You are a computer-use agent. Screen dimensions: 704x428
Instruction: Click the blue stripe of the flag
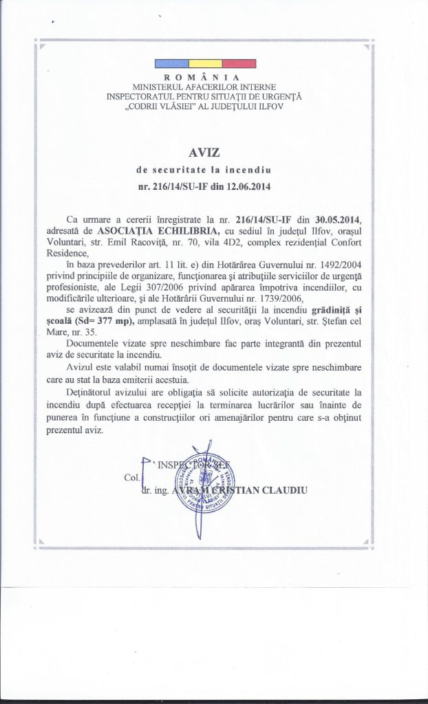click(x=171, y=64)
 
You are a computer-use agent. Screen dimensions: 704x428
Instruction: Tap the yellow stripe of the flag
click(x=205, y=64)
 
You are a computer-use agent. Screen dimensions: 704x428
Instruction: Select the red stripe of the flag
click(x=239, y=64)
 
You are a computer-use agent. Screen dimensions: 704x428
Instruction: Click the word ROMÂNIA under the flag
click(x=205, y=77)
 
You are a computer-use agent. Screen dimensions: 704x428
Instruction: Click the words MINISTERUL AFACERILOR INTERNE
click(x=205, y=87)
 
